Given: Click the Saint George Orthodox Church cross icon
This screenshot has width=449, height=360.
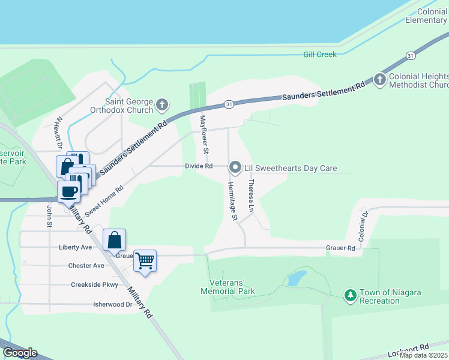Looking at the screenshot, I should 161,106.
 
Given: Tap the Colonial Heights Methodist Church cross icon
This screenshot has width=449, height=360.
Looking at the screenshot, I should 379,80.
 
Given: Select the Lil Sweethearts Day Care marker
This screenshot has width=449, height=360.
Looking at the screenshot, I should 235,168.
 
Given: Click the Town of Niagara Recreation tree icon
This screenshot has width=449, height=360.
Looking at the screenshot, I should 350,296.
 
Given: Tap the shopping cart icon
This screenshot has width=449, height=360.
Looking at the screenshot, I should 145,261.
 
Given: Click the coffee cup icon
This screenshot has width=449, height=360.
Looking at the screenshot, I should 69,192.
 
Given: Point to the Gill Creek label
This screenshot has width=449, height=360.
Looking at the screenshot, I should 319,55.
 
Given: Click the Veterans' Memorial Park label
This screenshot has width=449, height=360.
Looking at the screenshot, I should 232,287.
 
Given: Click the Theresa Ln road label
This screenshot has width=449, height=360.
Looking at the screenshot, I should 251,190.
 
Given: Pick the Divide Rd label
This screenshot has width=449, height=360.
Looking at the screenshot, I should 199,166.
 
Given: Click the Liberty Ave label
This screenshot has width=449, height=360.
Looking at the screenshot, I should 75,247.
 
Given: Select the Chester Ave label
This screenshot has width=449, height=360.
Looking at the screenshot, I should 86,266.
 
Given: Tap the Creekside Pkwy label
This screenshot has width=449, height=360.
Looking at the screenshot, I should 95,285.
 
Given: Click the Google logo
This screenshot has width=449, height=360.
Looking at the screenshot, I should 19,353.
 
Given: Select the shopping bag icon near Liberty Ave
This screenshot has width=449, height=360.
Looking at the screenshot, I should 114,241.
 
